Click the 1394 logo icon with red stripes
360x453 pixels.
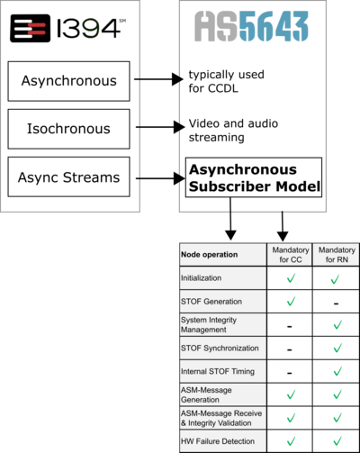pos(30,28)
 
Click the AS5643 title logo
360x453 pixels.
pos(251,26)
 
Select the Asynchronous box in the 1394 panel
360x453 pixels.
pos(68,81)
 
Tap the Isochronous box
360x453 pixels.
pos(68,129)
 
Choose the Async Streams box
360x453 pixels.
pos(68,177)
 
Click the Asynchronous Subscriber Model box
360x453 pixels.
pos(254,177)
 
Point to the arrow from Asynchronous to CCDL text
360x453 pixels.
pos(158,79)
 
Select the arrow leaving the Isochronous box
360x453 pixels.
pos(160,127)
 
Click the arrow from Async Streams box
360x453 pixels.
pos(160,178)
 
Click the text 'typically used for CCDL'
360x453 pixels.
pos(226,81)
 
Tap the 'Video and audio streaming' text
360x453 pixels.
pos(233,131)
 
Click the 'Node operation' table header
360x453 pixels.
pos(209,255)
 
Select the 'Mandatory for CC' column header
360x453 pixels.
pos(291,255)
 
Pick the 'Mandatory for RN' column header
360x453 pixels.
pos(337,255)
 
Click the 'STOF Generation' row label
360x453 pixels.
pos(211,302)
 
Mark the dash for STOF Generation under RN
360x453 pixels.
pos(337,304)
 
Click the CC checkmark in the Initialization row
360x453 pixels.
pos(291,278)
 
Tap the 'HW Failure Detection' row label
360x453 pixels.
pos(218,441)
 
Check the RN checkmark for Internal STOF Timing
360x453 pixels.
pos(337,371)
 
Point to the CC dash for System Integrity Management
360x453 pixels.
pos(290,326)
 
